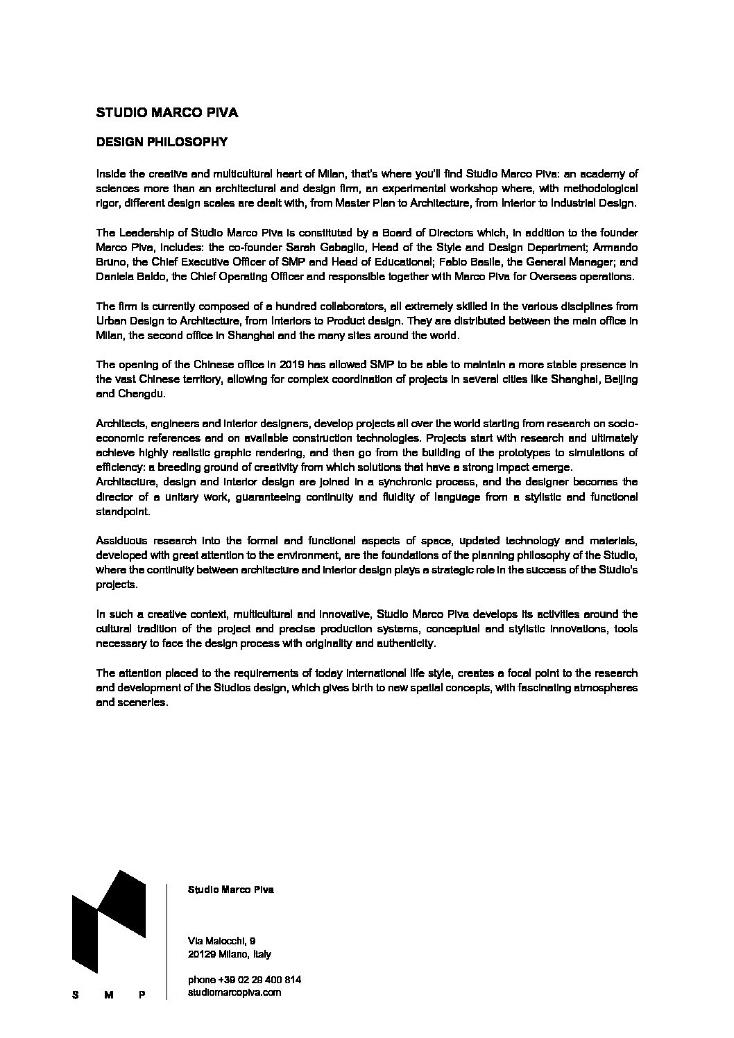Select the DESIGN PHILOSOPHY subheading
point(162,141)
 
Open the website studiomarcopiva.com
point(234,993)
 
